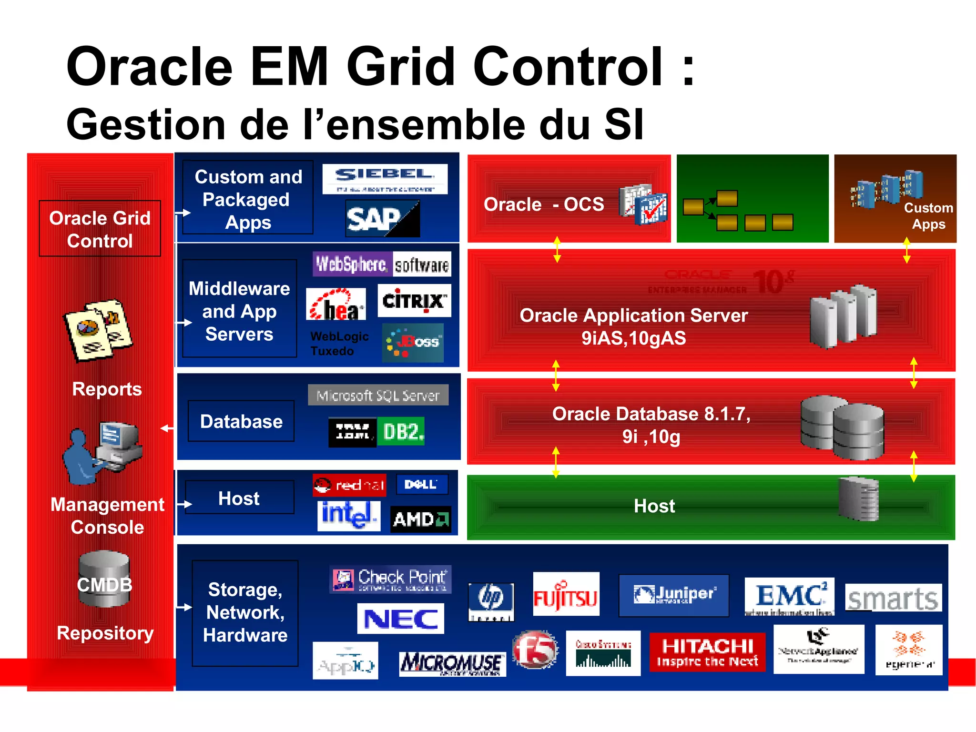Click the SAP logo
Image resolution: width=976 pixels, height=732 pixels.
coord(382,219)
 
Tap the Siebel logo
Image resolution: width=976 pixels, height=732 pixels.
coord(385,179)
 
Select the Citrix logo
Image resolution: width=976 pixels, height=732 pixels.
coord(414,301)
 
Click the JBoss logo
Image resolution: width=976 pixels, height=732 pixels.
coord(413,342)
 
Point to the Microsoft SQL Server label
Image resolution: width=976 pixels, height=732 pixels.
coord(378,395)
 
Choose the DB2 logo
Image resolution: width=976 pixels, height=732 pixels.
coord(400,432)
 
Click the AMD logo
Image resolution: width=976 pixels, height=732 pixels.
coord(420,519)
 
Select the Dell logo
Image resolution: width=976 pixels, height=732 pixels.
coord(422,485)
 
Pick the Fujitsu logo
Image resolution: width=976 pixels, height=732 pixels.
coord(566,595)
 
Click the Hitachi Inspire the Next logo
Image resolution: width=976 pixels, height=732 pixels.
coord(707,652)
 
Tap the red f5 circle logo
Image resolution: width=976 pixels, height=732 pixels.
coord(535,649)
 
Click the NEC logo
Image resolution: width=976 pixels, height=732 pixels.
coord(400,619)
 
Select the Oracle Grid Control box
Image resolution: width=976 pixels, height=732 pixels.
coord(100,229)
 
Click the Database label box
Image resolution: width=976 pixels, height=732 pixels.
coord(241,421)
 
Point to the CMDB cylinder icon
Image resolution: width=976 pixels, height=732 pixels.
coord(104,579)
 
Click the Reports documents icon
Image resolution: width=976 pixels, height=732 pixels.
coord(98,330)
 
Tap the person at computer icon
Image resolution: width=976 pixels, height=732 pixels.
coord(102,453)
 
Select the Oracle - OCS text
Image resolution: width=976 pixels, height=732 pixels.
coord(544,204)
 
